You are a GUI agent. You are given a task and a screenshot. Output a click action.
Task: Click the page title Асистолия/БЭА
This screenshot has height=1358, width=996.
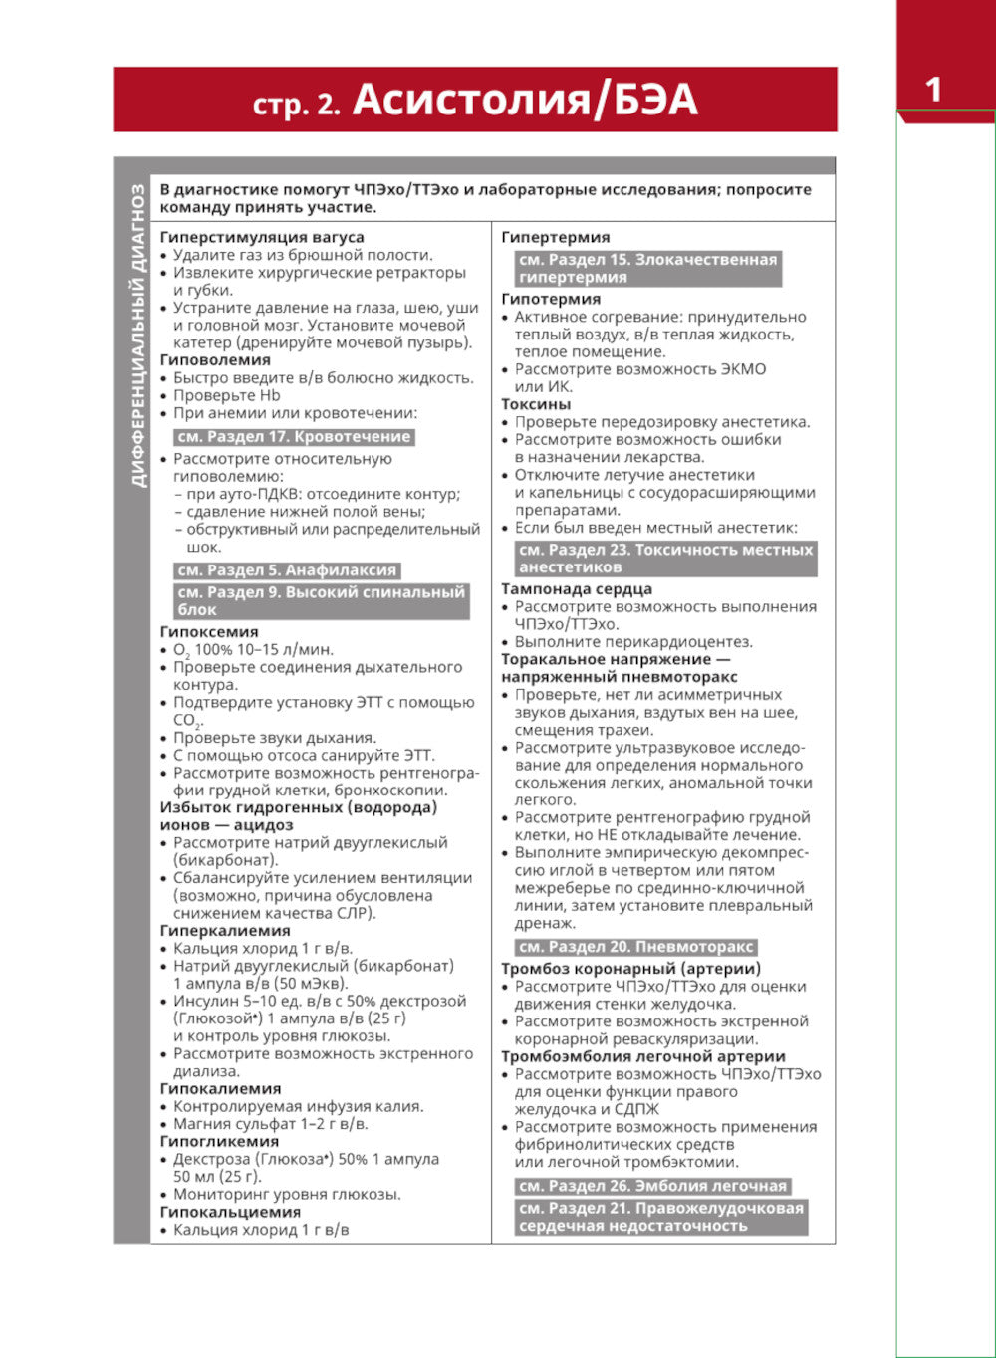click(x=525, y=101)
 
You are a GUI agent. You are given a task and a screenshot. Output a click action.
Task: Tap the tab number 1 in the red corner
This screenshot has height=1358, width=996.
click(x=933, y=90)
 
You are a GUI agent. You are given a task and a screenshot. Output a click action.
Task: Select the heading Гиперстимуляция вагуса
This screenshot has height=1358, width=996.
click(x=262, y=237)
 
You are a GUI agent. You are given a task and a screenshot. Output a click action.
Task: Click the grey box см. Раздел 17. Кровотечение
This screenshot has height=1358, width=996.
click(x=294, y=437)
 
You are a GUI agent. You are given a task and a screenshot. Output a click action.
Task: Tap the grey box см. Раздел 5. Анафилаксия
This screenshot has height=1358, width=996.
click(x=287, y=570)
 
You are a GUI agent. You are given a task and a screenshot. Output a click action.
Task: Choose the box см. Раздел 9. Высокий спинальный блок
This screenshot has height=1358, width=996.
click(x=321, y=600)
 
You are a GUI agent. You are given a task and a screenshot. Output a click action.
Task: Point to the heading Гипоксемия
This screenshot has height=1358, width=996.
click(x=209, y=631)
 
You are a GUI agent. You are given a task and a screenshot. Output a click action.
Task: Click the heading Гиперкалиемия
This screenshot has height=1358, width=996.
click(x=225, y=930)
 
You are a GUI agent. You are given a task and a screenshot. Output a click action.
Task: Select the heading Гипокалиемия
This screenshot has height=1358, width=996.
click(x=220, y=1088)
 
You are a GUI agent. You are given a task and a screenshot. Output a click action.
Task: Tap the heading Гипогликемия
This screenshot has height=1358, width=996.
click(x=219, y=1141)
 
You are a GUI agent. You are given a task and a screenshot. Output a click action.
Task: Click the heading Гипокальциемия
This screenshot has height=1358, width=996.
click(x=230, y=1212)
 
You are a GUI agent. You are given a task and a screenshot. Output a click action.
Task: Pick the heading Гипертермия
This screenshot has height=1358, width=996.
click(x=556, y=237)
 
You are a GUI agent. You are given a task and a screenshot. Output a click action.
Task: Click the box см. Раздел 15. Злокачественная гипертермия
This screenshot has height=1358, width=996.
click(x=646, y=269)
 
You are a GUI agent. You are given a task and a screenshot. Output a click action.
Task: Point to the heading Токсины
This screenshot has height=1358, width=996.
click(x=536, y=404)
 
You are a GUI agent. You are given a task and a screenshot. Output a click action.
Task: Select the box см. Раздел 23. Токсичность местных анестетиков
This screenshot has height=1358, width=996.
click(x=665, y=559)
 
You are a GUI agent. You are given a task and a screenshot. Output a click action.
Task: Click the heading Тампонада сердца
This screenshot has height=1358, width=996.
click(x=577, y=588)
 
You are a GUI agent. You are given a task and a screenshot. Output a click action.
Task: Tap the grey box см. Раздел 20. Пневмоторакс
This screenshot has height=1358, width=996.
click(x=636, y=947)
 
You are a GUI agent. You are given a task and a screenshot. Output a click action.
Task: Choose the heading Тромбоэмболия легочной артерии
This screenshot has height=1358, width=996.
click(x=642, y=1056)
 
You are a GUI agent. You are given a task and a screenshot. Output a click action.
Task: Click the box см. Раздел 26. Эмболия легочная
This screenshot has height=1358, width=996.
click(x=653, y=1186)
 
